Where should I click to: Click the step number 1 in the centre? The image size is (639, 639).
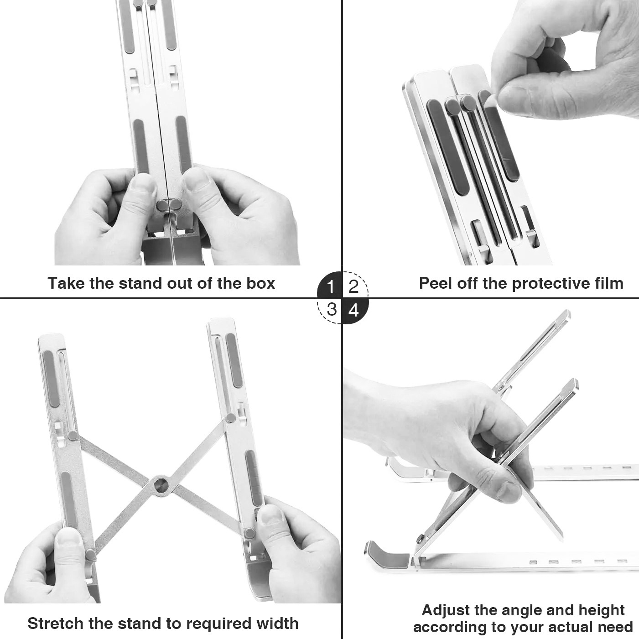[330, 286]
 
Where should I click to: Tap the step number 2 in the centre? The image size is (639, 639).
[353, 286]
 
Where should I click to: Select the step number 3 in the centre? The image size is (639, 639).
[332, 309]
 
